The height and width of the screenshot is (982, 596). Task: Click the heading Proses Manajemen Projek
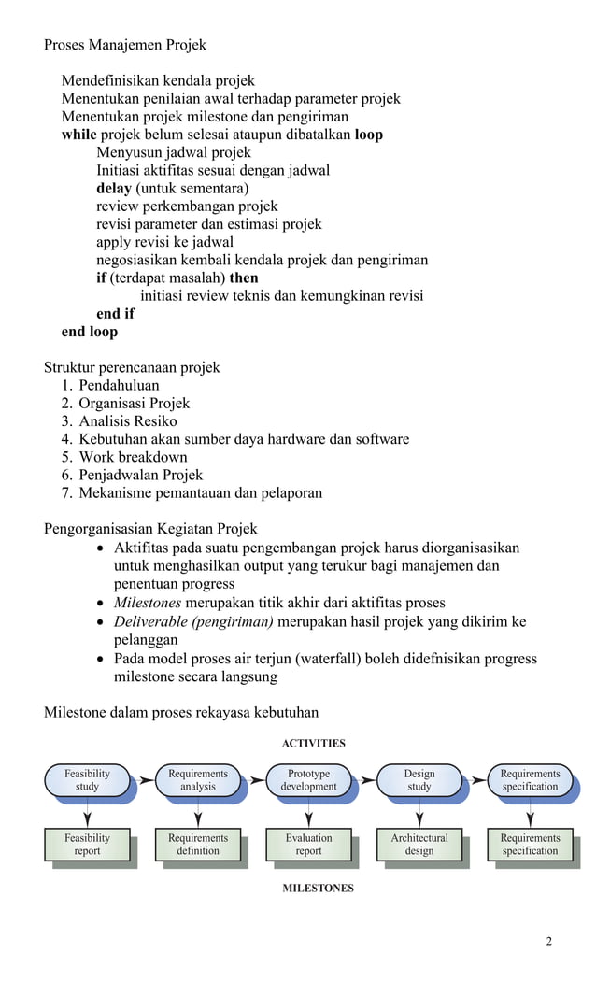click(x=125, y=45)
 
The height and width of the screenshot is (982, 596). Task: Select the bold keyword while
click(x=79, y=135)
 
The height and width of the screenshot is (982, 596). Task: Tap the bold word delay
click(x=114, y=189)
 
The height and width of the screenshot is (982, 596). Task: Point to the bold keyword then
click(x=244, y=278)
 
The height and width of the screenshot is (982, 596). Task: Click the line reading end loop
click(x=90, y=332)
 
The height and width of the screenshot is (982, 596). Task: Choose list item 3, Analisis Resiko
click(x=127, y=421)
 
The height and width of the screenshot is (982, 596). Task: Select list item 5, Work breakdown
click(x=133, y=457)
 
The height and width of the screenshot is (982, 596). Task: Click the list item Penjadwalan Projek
click(x=140, y=475)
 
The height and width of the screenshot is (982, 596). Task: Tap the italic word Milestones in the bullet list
click(x=148, y=603)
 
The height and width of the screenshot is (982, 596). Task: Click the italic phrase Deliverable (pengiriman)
click(x=193, y=621)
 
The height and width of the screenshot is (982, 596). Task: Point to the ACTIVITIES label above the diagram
click(x=313, y=744)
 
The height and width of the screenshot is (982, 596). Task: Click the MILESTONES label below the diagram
click(x=318, y=889)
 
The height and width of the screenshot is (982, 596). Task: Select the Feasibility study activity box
click(x=87, y=780)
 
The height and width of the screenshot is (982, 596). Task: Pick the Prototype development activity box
click(x=308, y=780)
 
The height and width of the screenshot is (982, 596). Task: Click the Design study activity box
click(x=419, y=780)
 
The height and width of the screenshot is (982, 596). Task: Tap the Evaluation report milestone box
click(x=308, y=845)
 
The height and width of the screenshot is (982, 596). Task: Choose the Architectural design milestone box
click(x=419, y=845)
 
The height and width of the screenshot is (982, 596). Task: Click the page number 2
click(x=548, y=941)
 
